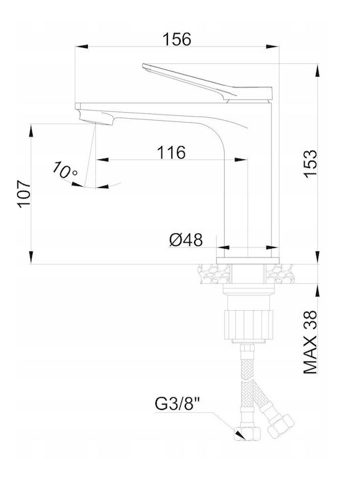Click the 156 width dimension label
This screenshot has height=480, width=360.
click(x=177, y=39)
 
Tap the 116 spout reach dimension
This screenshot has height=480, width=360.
click(x=171, y=152)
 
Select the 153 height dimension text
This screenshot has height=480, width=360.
click(x=311, y=163)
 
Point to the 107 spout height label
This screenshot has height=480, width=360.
click(x=24, y=194)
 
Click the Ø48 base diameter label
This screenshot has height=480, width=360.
click(x=186, y=239)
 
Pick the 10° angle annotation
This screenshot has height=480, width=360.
click(x=64, y=170)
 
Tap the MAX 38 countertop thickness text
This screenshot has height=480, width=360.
click(x=311, y=342)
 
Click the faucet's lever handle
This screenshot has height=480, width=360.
click(x=207, y=82)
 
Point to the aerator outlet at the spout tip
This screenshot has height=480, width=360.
click(x=95, y=119)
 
